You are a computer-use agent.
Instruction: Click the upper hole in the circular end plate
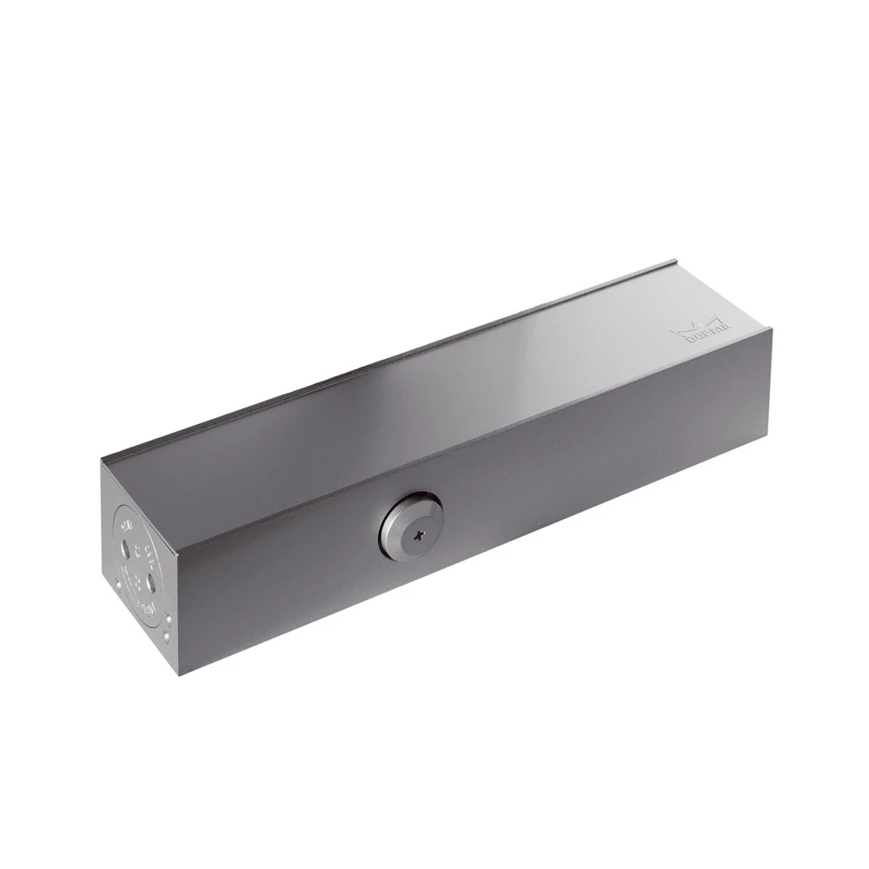coord(128,548)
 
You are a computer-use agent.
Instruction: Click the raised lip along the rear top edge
coord(391,356)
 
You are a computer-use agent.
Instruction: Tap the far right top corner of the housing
coord(771,328)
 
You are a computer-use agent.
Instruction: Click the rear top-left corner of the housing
coord(102,460)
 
